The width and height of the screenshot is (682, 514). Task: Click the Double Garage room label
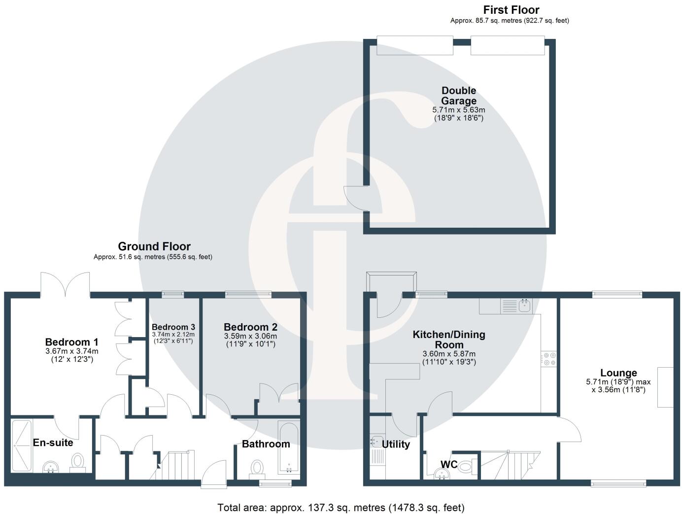pyautogui.click(x=459, y=96)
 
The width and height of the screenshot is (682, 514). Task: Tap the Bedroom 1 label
pyautogui.click(x=72, y=342)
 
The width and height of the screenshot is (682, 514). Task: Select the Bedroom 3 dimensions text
pyautogui.click(x=173, y=337)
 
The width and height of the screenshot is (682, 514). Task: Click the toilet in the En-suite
pyautogui.click(x=78, y=462)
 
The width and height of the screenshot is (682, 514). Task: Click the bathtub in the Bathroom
pyautogui.click(x=288, y=447)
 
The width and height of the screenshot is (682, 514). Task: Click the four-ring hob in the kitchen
pyautogui.click(x=548, y=359)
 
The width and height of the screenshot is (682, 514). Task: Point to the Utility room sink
pyautogui.click(x=376, y=440)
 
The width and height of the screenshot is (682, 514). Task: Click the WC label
pyautogui.click(x=449, y=465)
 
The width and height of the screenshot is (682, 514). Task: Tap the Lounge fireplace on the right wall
pyautogui.click(x=665, y=387)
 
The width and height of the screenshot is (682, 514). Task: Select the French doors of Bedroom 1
pyautogui.click(x=65, y=284)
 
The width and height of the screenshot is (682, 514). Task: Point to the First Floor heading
pyautogui.click(x=511, y=10)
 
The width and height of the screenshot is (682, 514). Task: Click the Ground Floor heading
pyautogui.click(x=154, y=246)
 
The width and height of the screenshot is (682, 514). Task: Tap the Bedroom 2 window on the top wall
pyautogui.click(x=248, y=295)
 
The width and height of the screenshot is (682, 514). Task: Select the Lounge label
pyautogui.click(x=618, y=373)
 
